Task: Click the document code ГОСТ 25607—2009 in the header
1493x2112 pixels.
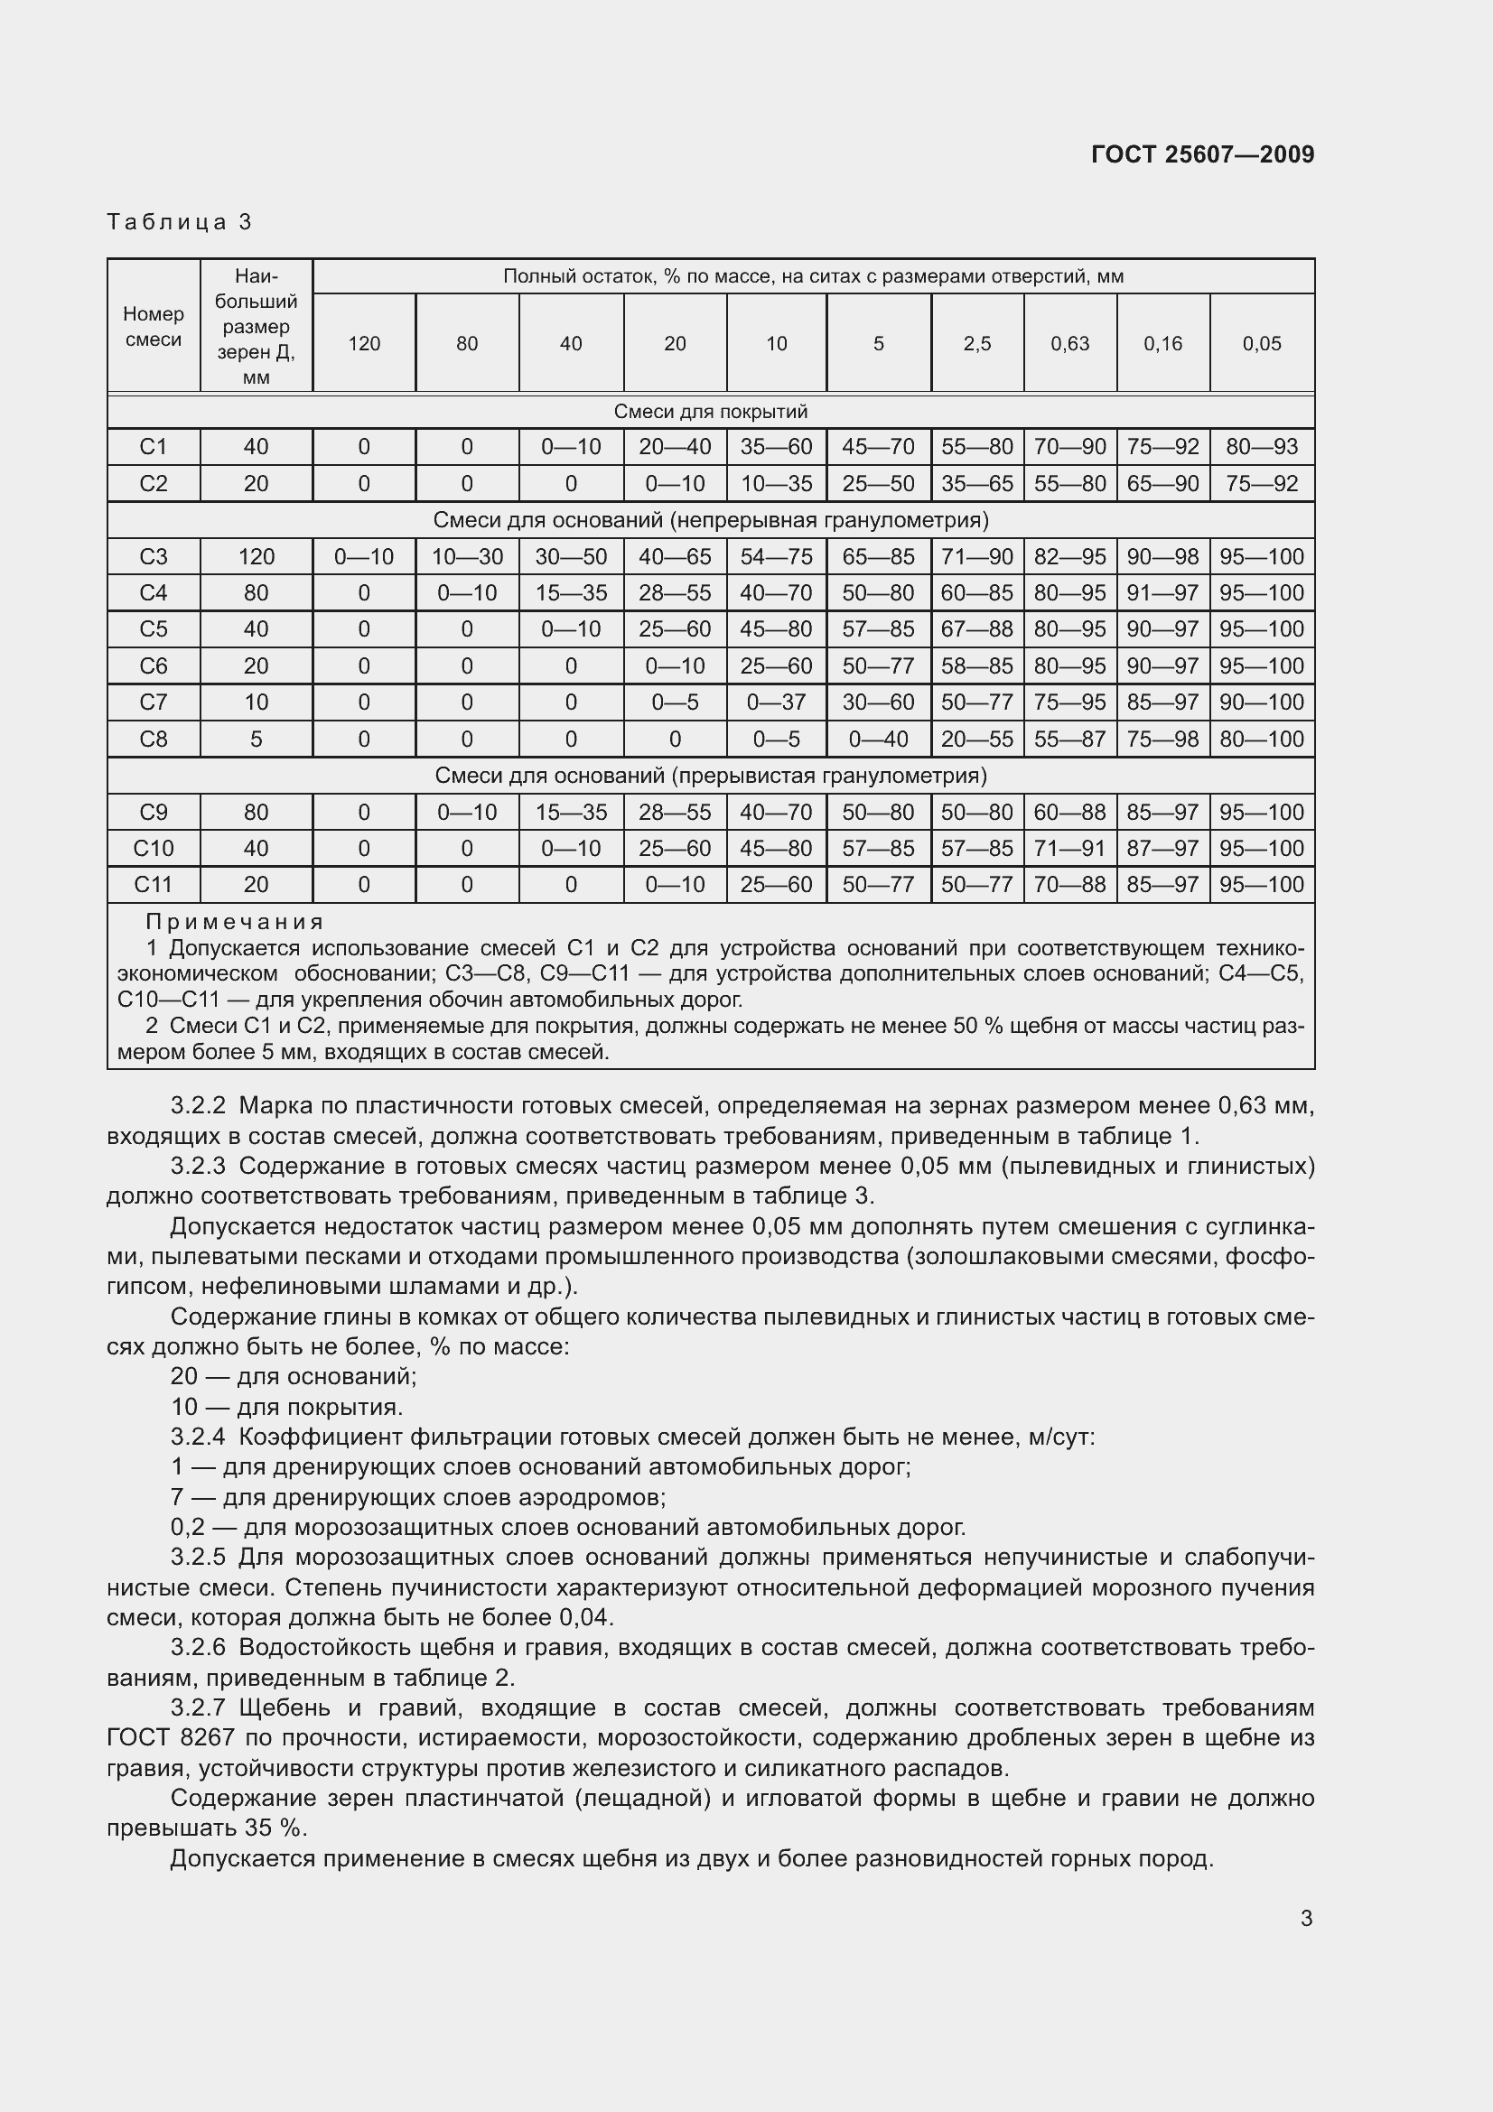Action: tap(1202, 154)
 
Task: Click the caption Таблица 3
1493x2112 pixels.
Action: tap(180, 222)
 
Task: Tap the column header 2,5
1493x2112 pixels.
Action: tap(977, 344)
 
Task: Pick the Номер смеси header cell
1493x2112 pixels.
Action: tap(154, 327)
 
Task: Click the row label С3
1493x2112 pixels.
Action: tap(154, 556)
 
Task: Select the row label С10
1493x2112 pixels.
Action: tap(154, 848)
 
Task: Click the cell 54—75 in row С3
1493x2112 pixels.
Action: tap(777, 556)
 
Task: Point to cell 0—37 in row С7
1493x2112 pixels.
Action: tap(777, 702)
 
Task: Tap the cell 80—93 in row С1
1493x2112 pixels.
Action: tap(1261, 447)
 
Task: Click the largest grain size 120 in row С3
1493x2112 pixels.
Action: tap(256, 556)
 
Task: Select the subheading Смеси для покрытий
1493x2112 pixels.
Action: tap(710, 411)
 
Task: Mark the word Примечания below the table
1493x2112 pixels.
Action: tap(235, 922)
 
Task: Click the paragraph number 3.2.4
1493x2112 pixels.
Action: tap(198, 1437)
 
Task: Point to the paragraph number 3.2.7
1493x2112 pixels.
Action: tap(198, 1708)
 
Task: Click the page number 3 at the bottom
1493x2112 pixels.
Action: tap(1306, 1919)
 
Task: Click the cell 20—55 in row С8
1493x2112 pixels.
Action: tap(977, 739)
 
